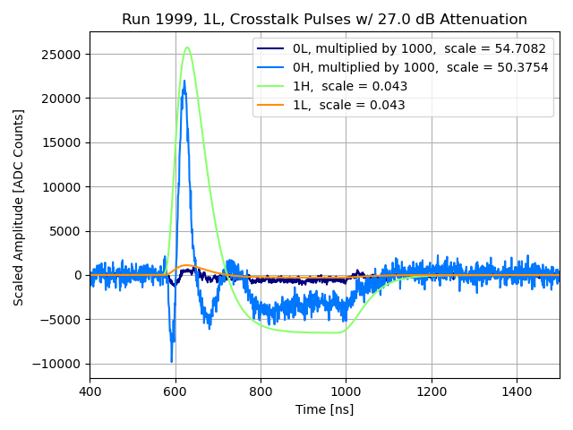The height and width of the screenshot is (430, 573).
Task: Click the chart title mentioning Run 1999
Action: point(324,19)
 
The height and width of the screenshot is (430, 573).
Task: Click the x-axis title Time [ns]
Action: point(324,409)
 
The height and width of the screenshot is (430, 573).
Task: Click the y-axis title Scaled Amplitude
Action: point(19,207)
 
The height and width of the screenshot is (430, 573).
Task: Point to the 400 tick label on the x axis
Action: point(90,391)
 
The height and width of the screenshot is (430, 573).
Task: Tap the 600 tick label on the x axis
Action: point(175,391)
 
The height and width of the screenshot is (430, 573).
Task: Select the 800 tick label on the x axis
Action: point(261,391)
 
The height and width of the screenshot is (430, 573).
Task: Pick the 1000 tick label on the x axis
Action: point(346,391)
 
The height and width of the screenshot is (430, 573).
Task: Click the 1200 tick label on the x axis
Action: point(432,391)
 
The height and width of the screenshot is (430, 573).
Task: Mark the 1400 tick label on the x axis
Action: point(517,391)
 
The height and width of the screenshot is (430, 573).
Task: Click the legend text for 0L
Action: point(420,48)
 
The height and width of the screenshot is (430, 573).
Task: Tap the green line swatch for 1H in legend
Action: point(274,86)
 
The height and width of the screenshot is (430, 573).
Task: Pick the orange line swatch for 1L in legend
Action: point(274,105)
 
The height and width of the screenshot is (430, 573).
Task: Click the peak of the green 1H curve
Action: point(187,47)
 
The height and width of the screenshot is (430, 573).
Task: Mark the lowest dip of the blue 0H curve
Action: point(172,362)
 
